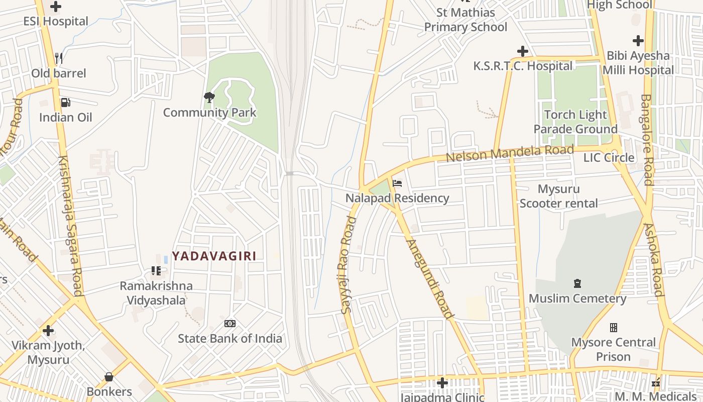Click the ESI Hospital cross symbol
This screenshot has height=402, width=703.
[x=56, y=7]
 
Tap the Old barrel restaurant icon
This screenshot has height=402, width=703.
[x=59, y=58]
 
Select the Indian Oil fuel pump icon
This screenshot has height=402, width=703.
[x=65, y=103]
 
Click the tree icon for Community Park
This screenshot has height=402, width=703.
[x=209, y=97]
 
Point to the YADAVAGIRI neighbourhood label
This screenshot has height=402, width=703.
[x=214, y=256]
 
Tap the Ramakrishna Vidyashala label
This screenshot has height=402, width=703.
[x=156, y=293]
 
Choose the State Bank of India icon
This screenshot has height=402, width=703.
[x=230, y=324]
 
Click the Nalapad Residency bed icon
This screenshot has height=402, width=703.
[x=397, y=183]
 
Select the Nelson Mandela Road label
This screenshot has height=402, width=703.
[x=509, y=153]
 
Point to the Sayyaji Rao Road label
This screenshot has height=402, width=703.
[x=347, y=265]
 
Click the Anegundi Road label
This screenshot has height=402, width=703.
[x=430, y=279]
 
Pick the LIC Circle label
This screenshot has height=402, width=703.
[x=609, y=158]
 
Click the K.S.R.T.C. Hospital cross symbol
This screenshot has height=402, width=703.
[x=523, y=51]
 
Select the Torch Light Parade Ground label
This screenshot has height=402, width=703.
[x=575, y=122]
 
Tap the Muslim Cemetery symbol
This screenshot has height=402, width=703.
[x=577, y=284]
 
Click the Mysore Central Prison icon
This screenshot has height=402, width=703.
[x=613, y=328]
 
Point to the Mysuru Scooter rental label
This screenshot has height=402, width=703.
[x=558, y=196]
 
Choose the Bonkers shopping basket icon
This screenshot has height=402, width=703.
[x=108, y=377]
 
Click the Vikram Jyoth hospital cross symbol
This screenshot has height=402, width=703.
[x=48, y=331]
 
